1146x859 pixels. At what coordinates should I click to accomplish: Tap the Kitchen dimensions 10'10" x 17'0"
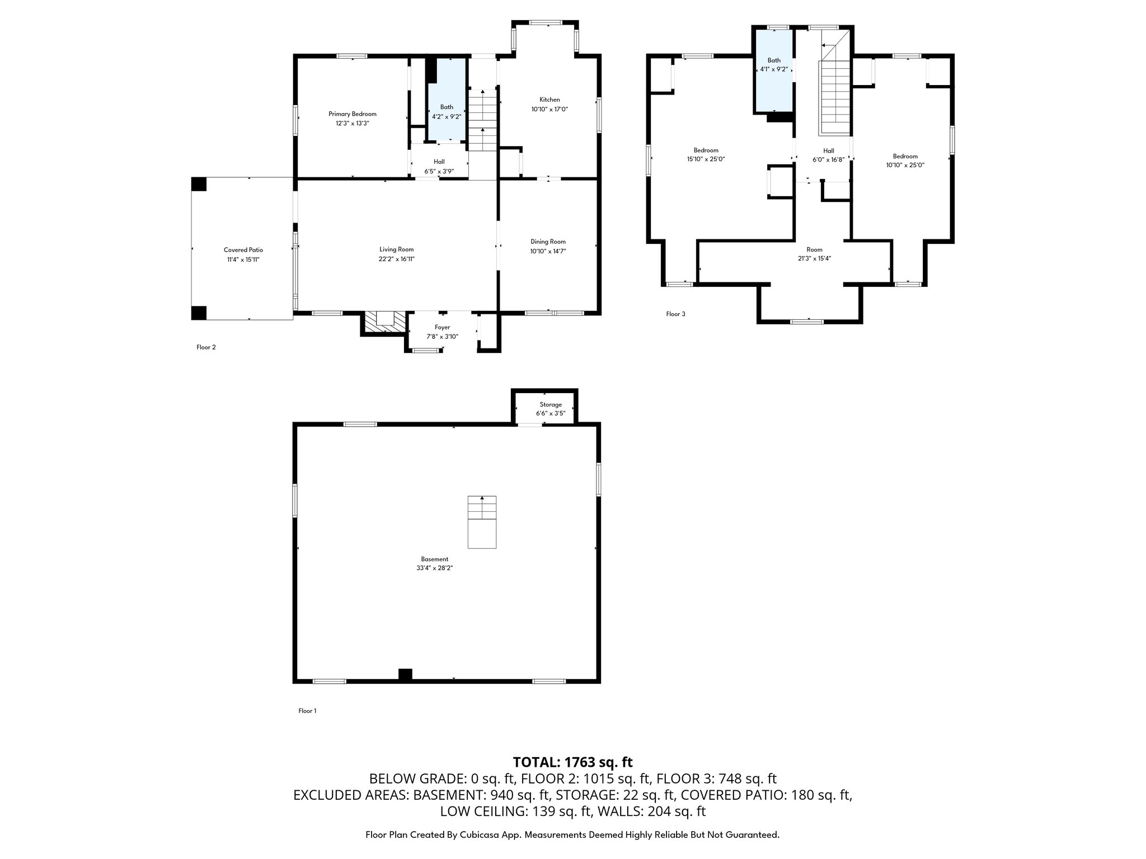point(549,110)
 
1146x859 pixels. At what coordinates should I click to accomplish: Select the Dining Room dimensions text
point(548,251)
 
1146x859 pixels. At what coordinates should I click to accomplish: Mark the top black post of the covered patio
point(199,184)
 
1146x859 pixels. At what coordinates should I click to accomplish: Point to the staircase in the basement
point(482,521)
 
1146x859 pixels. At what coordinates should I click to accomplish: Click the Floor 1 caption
point(307,711)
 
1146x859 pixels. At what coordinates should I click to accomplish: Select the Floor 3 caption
point(675,314)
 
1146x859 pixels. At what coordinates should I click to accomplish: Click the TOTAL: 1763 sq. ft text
point(572,762)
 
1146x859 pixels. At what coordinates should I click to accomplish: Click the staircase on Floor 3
point(835,95)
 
